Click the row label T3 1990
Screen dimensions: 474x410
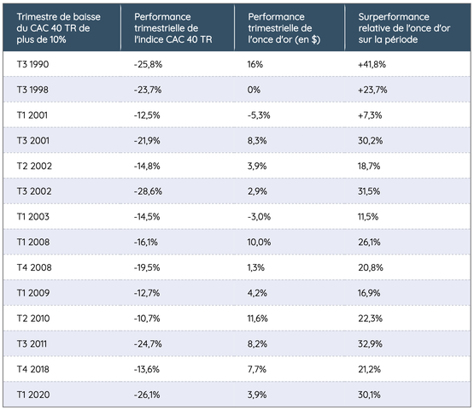point(32,64)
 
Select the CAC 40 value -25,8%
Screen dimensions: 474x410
point(148,64)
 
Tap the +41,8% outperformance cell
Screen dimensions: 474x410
point(372,64)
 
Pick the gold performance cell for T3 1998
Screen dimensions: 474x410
point(254,90)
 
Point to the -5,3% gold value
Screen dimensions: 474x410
point(259,115)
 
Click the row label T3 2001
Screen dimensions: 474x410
point(33,141)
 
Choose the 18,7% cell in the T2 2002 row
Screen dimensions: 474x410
point(369,166)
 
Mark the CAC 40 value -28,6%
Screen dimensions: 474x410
point(148,191)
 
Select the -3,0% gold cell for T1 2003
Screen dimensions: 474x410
point(259,217)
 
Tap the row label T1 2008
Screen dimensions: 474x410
point(33,243)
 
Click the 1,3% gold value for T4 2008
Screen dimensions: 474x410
point(256,267)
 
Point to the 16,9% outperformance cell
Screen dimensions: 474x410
point(369,293)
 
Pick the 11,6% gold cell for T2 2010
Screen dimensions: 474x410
point(258,319)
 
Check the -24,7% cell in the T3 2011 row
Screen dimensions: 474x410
point(148,343)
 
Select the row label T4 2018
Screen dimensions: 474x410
point(33,369)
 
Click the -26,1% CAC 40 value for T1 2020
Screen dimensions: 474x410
point(147,395)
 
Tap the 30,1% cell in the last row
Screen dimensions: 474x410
point(369,395)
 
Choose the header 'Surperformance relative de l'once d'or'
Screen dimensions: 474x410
point(404,22)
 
